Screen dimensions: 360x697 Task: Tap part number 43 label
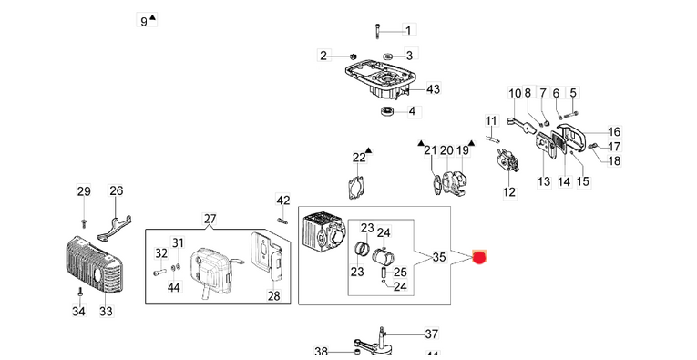pos(433,89)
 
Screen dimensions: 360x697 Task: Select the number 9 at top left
pos(144,20)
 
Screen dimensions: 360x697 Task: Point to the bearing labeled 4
pos(385,111)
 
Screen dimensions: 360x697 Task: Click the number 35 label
pos(438,257)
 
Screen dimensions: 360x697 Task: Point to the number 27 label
pos(210,219)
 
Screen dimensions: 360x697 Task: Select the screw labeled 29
pos(83,221)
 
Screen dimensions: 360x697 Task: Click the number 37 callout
pos(432,334)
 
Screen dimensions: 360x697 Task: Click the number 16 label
pos(614,131)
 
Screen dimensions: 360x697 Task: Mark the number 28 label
pos(273,294)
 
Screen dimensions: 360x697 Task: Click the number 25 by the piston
pos(399,271)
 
